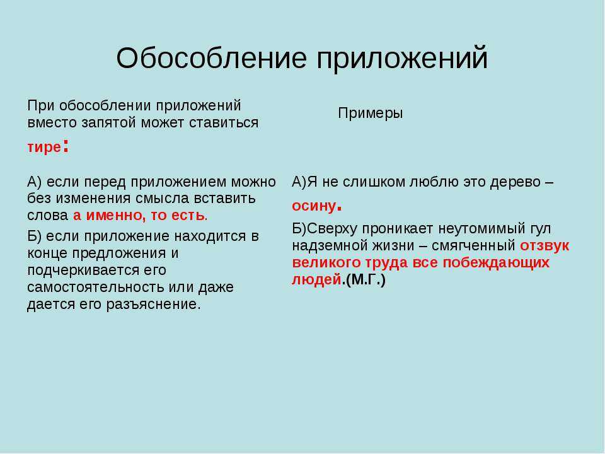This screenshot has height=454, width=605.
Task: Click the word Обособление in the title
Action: [212, 58]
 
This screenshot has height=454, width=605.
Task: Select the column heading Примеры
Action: [371, 113]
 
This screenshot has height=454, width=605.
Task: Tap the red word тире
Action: [44, 148]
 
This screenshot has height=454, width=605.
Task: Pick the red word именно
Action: [115, 216]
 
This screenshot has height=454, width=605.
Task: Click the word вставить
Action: [224, 199]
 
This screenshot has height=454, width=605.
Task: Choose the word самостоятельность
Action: [96, 288]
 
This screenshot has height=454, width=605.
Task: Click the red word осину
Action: [314, 206]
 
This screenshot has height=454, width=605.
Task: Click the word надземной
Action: [328, 246]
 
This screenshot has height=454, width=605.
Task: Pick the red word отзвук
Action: [544, 246]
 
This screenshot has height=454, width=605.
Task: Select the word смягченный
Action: [473, 246]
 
